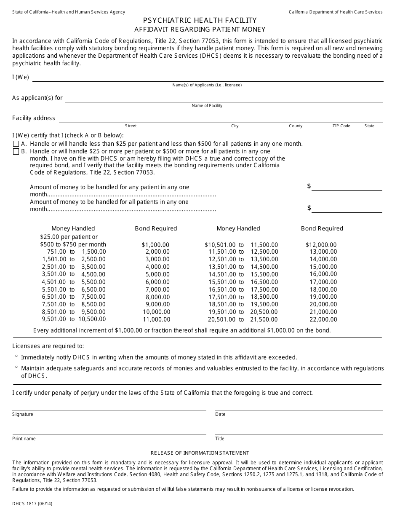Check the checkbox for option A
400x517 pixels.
[x=16, y=144]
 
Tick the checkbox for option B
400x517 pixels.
[x=16, y=151]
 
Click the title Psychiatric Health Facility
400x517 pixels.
[x=200, y=20]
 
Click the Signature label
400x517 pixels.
[x=23, y=414]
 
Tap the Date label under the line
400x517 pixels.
[x=220, y=414]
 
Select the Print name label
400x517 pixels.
[x=24, y=439]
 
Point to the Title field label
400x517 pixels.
[x=220, y=439]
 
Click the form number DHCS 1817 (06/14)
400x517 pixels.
[x=32, y=504]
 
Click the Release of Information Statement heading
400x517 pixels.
[x=200, y=453]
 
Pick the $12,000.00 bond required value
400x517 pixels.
[x=321, y=245]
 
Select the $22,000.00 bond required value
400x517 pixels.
[x=322, y=320]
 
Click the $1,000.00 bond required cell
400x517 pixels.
[x=156, y=245]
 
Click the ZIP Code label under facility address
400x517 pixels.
[x=341, y=126]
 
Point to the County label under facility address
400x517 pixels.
[x=296, y=126]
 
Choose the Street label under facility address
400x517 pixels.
[x=131, y=126]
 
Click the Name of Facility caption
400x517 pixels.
[x=207, y=106]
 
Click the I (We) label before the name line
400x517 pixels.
[x=21, y=77]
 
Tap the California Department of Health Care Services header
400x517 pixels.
[x=336, y=12]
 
